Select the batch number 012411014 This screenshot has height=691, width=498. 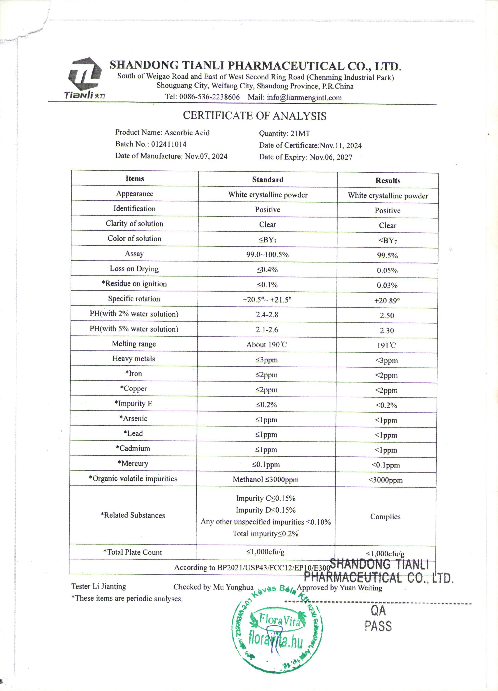click(x=169, y=144)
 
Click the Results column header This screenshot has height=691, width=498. click(x=387, y=180)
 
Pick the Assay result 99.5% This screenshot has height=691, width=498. click(x=387, y=255)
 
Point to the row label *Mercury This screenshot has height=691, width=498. click(x=133, y=463)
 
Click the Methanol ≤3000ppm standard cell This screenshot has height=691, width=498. click(x=266, y=480)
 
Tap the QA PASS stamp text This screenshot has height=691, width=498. click(x=378, y=618)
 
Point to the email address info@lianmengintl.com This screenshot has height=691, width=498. click(x=304, y=98)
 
